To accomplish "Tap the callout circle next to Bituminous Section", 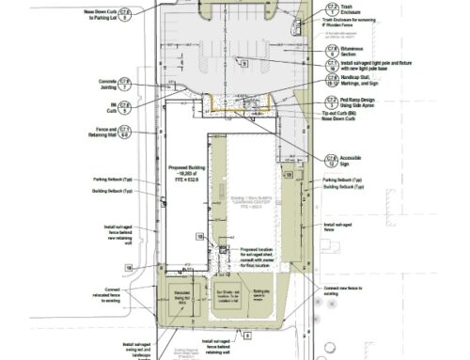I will [x=332, y=49].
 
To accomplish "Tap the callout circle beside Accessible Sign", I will [x=332, y=158].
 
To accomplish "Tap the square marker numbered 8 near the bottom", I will [x=247, y=333].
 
